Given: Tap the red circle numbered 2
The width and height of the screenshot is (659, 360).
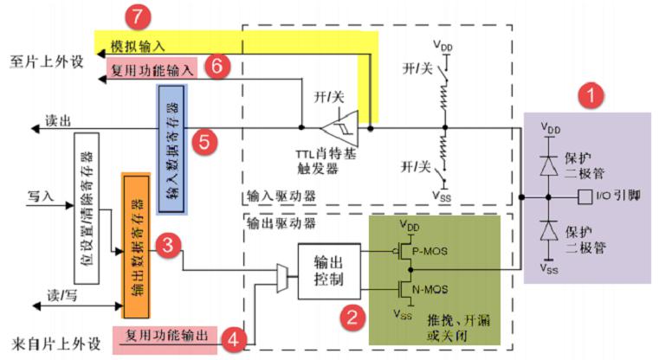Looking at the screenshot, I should pyautogui.click(x=351, y=315).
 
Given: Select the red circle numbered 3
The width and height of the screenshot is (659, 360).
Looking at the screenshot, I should pyautogui.click(x=170, y=247).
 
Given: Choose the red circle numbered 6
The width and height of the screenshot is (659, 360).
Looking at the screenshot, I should pyautogui.click(x=219, y=67).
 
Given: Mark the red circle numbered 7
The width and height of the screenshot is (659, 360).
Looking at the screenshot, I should pyautogui.click(x=139, y=17).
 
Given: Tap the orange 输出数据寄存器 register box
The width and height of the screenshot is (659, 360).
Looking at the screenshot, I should pyautogui.click(x=137, y=236).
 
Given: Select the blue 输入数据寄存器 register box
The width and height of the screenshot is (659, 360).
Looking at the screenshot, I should pyautogui.click(x=171, y=149).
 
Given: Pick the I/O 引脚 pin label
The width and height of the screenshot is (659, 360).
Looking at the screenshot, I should pyautogui.click(x=618, y=198).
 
